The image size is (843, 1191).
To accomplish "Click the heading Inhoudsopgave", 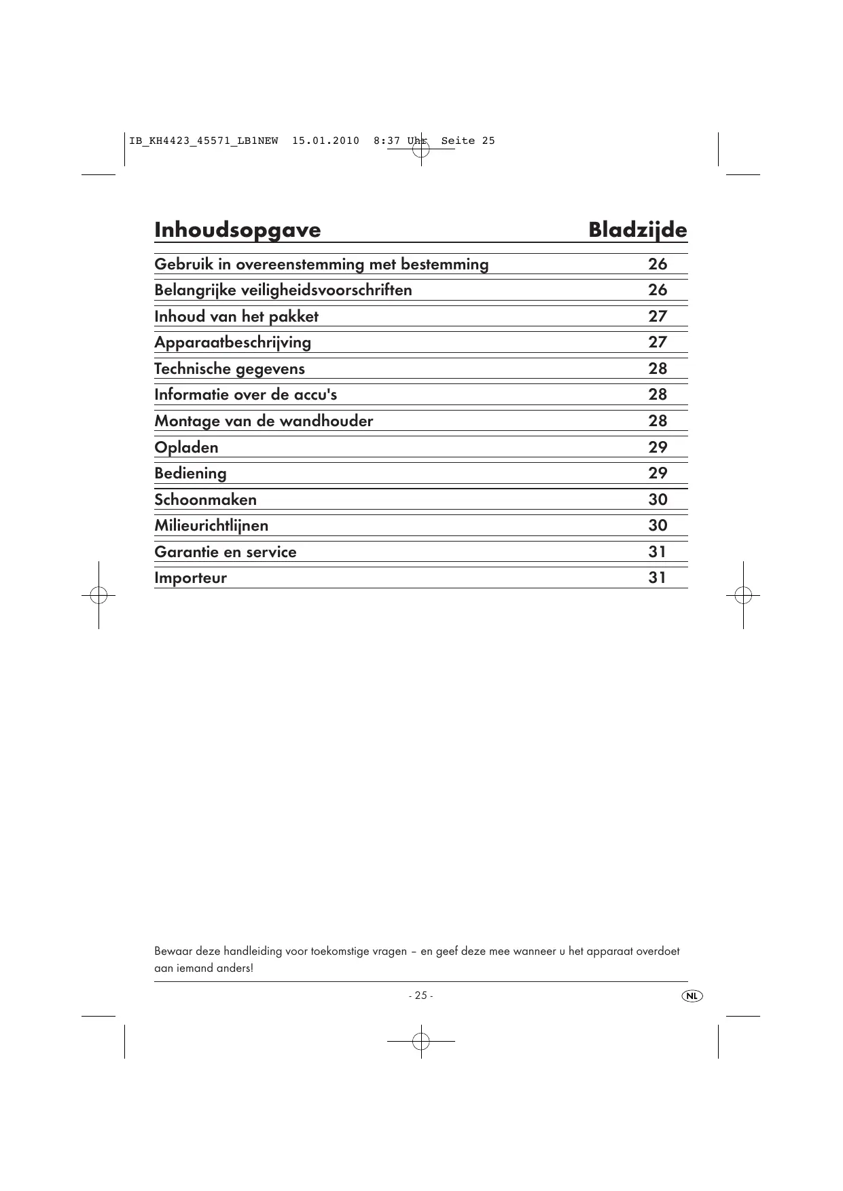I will pyautogui.click(x=237, y=230).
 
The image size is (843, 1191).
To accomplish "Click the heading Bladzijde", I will pyautogui.click(x=637, y=230).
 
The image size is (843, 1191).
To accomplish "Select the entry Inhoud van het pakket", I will pyautogui.click(x=236, y=316).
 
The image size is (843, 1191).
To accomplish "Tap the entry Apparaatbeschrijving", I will pyautogui.click(x=232, y=342).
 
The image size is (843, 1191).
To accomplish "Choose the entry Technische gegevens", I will pyautogui.click(x=230, y=368).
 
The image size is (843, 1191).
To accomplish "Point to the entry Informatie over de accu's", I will pyautogui.click(x=245, y=394).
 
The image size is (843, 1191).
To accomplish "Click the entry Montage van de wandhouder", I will pyautogui.click(x=264, y=421).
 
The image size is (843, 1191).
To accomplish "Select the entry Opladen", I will pyautogui.click(x=186, y=447).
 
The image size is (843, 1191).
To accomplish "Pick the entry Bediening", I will pyautogui.click(x=190, y=473).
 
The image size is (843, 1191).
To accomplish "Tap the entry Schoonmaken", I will pyautogui.click(x=205, y=499).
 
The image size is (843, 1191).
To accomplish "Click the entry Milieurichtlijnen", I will pyautogui.click(x=211, y=525).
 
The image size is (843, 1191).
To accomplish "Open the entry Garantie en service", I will pyautogui.click(x=226, y=552).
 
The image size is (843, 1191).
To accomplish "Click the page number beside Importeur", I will pyautogui.click(x=657, y=578).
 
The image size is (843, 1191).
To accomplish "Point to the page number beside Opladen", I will pyautogui.click(x=657, y=447).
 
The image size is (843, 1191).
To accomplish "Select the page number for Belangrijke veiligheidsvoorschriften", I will pyautogui.click(x=657, y=290).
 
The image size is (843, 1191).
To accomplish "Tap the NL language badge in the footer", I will pyautogui.click(x=692, y=996).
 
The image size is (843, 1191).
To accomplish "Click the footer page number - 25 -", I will pyautogui.click(x=420, y=996).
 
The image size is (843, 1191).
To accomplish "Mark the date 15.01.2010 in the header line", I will pyautogui.click(x=325, y=141).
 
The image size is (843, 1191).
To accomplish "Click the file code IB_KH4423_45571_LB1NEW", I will pyautogui.click(x=203, y=141).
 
